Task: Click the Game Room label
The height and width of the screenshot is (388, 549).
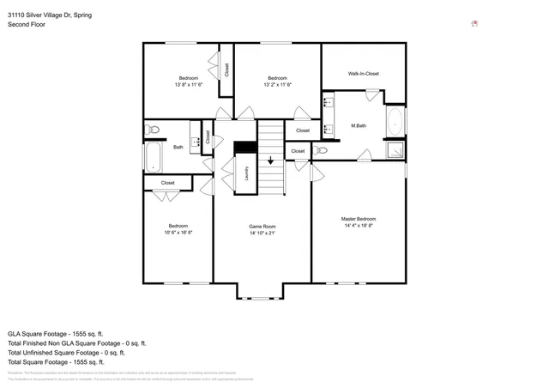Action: tap(262, 226)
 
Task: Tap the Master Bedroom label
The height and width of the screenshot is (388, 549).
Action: tap(359, 219)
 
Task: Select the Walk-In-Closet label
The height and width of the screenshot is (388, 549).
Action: tap(363, 74)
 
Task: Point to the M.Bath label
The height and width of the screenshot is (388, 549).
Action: tap(359, 126)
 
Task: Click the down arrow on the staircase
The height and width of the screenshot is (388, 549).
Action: tap(271, 160)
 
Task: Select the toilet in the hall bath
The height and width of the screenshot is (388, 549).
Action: tap(153, 130)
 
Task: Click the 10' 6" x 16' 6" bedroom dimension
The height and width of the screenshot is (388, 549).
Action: tap(178, 233)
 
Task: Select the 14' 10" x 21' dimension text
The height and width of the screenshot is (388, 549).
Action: tap(262, 233)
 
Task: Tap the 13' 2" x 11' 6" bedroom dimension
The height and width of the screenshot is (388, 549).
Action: tap(277, 85)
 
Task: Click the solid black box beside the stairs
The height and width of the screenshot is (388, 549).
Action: tap(245, 147)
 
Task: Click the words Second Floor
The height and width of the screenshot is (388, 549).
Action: tap(26, 25)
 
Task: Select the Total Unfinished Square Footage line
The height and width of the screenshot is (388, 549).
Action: tap(66, 352)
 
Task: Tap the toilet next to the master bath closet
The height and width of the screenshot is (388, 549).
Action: tap(322, 150)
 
